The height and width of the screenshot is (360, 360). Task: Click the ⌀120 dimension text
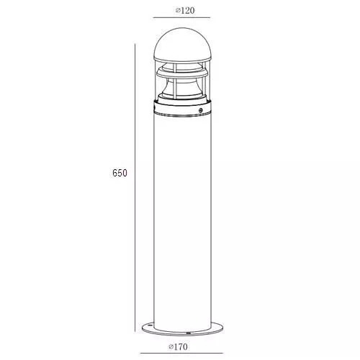point(185,11)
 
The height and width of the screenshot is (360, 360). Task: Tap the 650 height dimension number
point(120,173)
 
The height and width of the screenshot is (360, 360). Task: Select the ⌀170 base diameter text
point(178,346)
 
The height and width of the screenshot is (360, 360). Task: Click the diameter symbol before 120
point(178,11)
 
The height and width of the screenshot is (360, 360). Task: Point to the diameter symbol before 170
point(171,347)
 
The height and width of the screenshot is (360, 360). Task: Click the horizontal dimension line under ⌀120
point(181,17)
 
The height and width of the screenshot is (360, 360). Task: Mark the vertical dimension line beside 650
point(135,188)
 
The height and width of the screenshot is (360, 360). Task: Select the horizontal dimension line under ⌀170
point(181,353)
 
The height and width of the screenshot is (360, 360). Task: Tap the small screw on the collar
point(200,110)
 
